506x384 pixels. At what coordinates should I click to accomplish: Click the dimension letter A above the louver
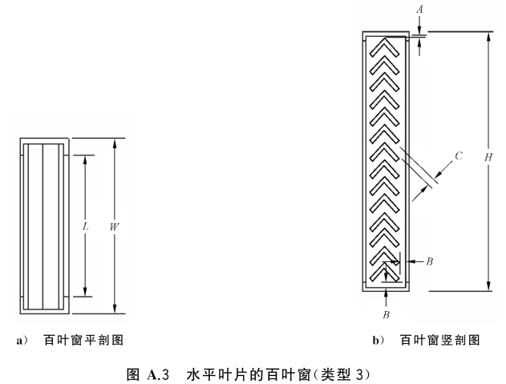pyautogui.click(x=419, y=9)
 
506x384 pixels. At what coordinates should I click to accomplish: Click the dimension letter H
pyautogui.click(x=488, y=157)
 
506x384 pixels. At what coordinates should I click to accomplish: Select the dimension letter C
pyautogui.click(x=459, y=156)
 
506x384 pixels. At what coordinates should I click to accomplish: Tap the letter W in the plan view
pyautogui.click(x=114, y=227)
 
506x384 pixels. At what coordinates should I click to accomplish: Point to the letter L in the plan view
pyautogui.click(x=85, y=227)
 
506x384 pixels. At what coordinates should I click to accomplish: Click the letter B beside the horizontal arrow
pyautogui.click(x=430, y=261)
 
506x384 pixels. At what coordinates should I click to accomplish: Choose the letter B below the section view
pyautogui.click(x=387, y=315)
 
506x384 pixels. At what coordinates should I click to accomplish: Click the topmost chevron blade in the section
pyautogui.click(x=385, y=46)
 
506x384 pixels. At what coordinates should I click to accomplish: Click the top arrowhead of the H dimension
pyautogui.click(x=489, y=36)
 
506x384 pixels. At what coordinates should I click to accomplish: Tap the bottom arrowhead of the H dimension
pyautogui.click(x=489, y=286)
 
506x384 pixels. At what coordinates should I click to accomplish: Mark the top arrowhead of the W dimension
pyautogui.click(x=114, y=143)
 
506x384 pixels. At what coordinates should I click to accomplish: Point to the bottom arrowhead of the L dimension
pyautogui.click(x=85, y=292)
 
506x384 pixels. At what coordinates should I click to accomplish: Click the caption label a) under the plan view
pyautogui.click(x=22, y=341)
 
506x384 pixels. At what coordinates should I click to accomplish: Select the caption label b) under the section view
pyautogui.click(x=378, y=341)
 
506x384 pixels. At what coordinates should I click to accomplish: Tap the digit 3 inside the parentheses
pyautogui.click(x=359, y=375)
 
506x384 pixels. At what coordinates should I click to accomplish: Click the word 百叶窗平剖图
pyautogui.click(x=83, y=341)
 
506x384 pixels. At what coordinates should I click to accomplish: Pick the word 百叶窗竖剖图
pyautogui.click(x=440, y=341)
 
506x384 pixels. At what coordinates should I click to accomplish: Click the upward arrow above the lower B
pyautogui.click(x=386, y=298)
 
